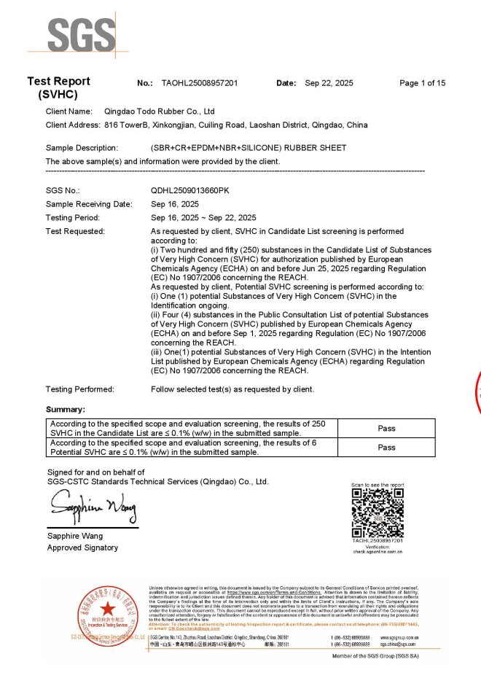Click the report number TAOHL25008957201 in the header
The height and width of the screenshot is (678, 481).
199,83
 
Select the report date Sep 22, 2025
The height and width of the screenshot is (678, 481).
329,83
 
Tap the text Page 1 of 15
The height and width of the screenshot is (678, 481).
423,83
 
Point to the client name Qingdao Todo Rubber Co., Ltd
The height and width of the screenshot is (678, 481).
160,112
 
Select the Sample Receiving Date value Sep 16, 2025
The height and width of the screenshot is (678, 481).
175,203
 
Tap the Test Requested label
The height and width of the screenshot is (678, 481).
76,231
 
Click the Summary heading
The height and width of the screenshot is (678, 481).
66,410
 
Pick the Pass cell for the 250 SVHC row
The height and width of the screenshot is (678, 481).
386,429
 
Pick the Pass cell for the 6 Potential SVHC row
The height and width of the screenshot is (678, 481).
386,447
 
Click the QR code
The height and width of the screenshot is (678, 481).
378,513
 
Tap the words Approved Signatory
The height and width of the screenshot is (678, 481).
82,548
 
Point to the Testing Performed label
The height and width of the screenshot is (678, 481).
80,389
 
